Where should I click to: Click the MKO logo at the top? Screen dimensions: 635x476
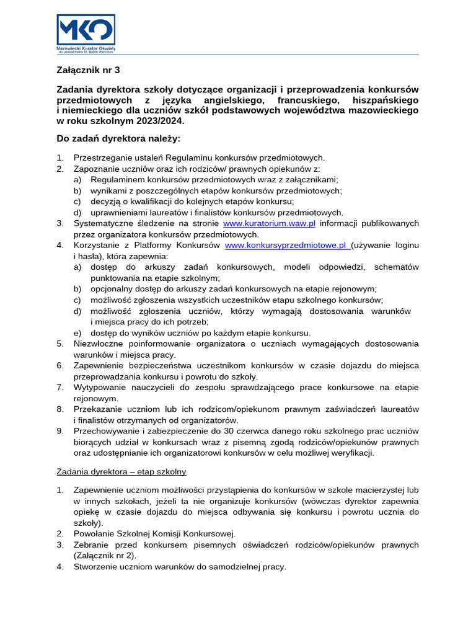click(x=86, y=30)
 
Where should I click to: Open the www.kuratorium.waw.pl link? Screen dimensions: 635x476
click(x=269, y=223)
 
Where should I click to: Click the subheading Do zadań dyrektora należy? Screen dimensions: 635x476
click(x=118, y=138)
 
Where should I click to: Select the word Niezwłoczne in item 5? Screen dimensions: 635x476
click(x=98, y=344)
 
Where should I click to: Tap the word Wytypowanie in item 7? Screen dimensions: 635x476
click(x=99, y=387)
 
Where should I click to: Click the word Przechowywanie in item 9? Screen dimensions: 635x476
click(x=105, y=430)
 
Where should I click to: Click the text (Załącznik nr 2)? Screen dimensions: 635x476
click(x=104, y=556)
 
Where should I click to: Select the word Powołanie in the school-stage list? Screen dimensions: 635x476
click(x=94, y=533)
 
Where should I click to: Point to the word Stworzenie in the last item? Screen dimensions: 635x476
click(x=95, y=566)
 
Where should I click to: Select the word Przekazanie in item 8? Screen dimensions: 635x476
click(x=99, y=409)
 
